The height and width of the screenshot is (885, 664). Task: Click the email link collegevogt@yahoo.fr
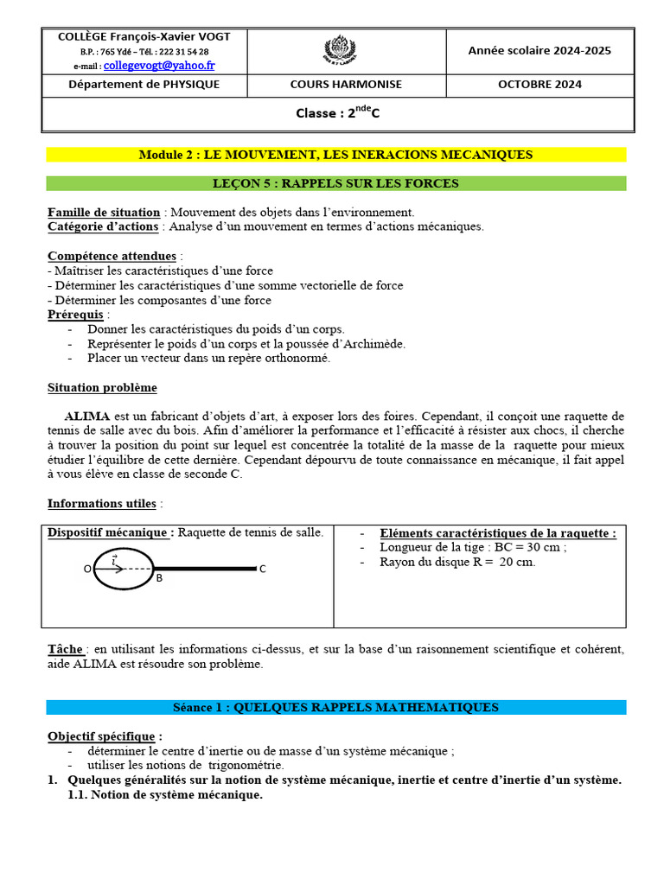(x=159, y=66)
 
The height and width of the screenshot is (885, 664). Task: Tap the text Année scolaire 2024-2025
(x=539, y=50)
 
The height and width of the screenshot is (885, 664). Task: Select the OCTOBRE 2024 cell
(x=539, y=85)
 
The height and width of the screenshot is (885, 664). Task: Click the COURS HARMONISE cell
(x=346, y=85)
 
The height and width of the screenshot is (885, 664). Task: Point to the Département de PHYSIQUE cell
(x=144, y=85)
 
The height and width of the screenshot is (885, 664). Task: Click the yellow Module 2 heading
(x=335, y=155)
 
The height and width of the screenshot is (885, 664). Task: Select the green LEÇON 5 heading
(x=335, y=183)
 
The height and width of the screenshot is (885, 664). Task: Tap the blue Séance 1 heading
(x=335, y=707)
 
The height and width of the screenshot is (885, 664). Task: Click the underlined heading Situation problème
(x=102, y=388)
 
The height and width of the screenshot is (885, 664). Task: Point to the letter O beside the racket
(x=87, y=569)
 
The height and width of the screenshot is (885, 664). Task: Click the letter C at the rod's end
(x=263, y=569)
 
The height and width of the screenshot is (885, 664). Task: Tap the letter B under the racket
(x=159, y=579)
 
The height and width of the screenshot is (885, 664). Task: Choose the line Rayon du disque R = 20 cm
(x=457, y=562)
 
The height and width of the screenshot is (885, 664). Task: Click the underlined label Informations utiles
(x=102, y=503)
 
